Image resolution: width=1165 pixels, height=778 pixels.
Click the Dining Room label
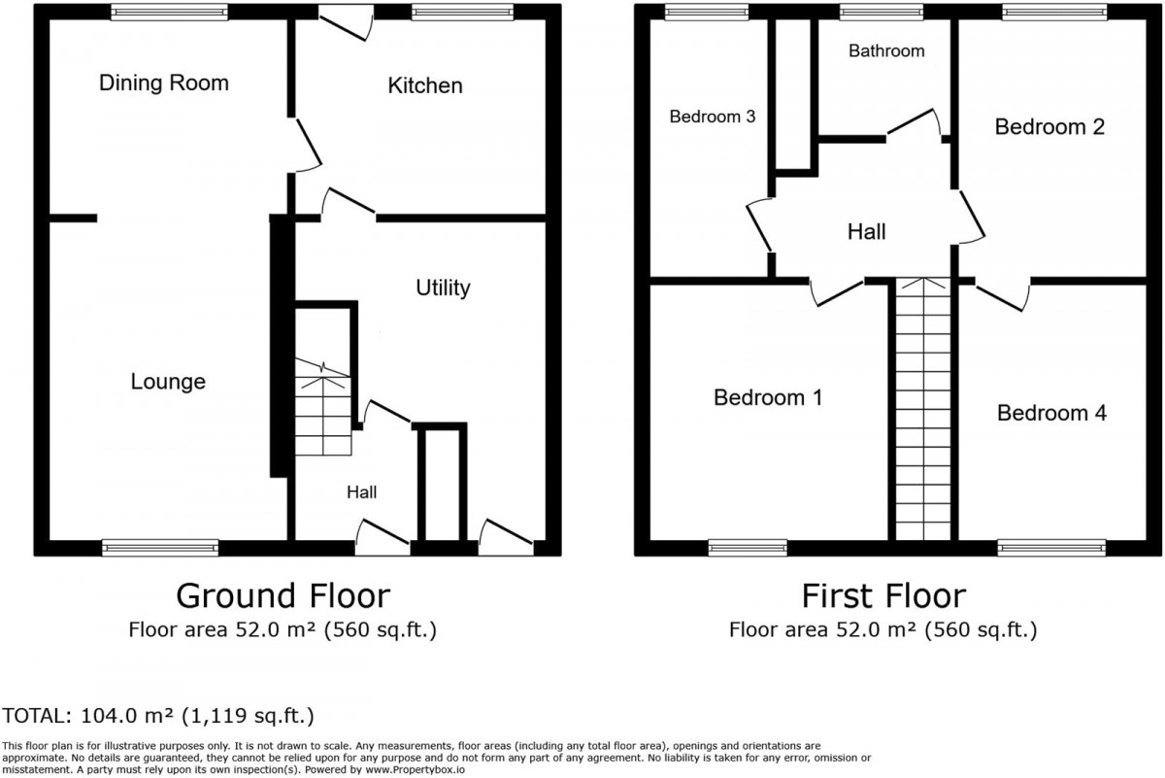click(x=164, y=83)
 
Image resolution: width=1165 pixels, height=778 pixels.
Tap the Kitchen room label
click(x=425, y=85)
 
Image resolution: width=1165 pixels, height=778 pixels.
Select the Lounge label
click(x=168, y=382)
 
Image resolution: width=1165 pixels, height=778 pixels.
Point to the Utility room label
click(x=443, y=288)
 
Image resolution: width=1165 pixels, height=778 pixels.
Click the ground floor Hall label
click(x=361, y=492)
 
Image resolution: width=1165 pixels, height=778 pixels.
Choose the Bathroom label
click(x=886, y=51)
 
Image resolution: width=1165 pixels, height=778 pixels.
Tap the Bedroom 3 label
click(x=712, y=117)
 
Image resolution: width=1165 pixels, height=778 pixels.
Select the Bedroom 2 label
click(x=1049, y=127)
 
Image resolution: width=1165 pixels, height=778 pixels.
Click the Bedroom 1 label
click(x=768, y=397)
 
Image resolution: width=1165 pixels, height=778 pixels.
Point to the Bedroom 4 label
click(x=1051, y=413)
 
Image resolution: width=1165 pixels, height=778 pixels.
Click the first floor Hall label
click(x=866, y=232)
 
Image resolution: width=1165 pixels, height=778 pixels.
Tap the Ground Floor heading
click(x=283, y=595)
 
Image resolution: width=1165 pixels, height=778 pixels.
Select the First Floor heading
click(x=883, y=595)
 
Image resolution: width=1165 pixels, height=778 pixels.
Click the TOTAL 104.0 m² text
click(x=158, y=716)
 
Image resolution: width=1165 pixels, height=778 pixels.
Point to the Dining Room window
click(x=169, y=12)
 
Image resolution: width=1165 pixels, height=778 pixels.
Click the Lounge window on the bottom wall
click(x=160, y=548)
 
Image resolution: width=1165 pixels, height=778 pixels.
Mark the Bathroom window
click(x=882, y=12)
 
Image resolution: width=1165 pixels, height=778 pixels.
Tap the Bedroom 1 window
click(x=748, y=548)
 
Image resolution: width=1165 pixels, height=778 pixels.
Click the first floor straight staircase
click(x=923, y=410)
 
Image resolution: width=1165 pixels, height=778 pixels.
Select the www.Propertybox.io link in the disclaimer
click(x=415, y=769)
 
